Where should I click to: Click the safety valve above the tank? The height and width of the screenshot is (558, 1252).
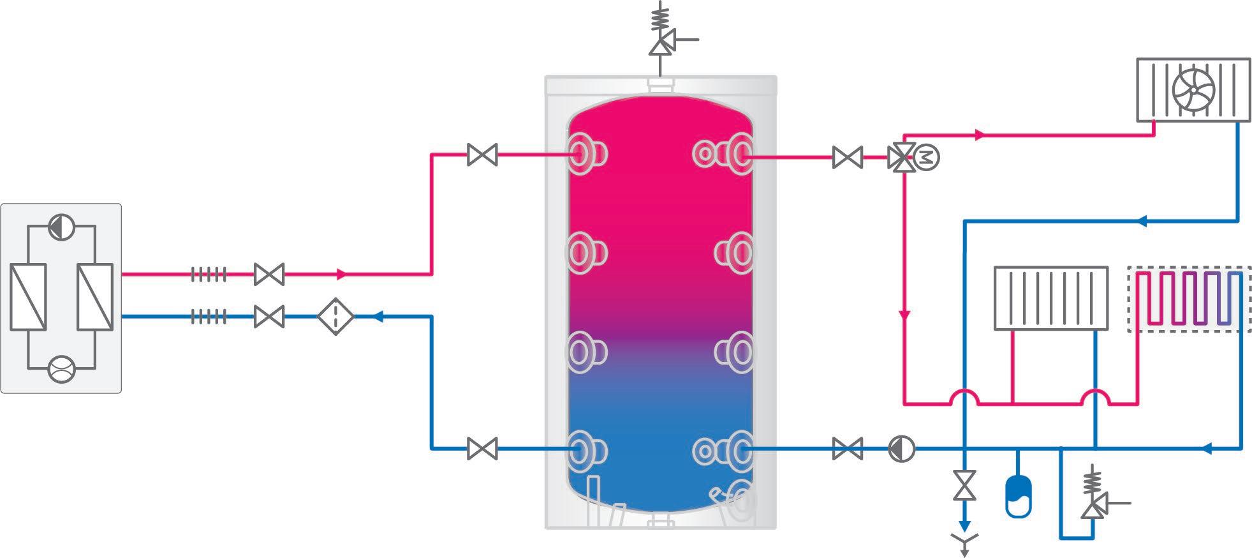coord(659,45)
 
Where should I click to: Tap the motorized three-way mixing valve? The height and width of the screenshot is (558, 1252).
coord(901,156)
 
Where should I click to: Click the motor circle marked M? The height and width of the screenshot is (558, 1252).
coord(927,157)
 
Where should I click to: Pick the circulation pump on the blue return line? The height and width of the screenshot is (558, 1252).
coord(901,449)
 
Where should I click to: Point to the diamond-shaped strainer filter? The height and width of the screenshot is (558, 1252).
coord(335,316)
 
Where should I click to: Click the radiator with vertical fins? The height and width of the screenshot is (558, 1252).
coord(1050,298)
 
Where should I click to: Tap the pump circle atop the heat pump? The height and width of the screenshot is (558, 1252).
coord(61,227)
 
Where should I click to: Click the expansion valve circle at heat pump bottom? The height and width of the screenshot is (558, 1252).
coord(61,368)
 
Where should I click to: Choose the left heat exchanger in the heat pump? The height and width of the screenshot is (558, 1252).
coord(28,297)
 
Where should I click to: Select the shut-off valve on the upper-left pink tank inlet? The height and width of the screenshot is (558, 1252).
coord(482,155)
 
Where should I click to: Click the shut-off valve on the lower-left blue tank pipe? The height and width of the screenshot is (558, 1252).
coord(482,448)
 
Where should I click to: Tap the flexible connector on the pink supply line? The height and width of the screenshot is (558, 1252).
coord(209,275)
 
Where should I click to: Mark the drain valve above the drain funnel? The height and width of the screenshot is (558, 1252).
coord(964,486)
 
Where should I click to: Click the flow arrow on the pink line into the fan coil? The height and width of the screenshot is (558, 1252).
coord(980,135)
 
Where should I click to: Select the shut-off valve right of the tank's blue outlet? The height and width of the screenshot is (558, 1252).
coord(848,448)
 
